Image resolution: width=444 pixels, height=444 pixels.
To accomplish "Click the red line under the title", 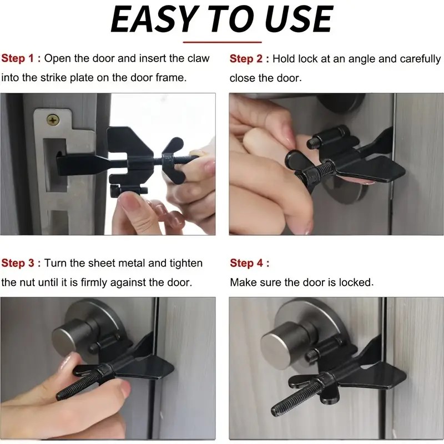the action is coord(223,42).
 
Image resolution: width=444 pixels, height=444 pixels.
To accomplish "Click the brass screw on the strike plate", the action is coord(53,120).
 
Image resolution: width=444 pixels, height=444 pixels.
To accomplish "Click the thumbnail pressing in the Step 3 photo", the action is coord(65,362).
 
